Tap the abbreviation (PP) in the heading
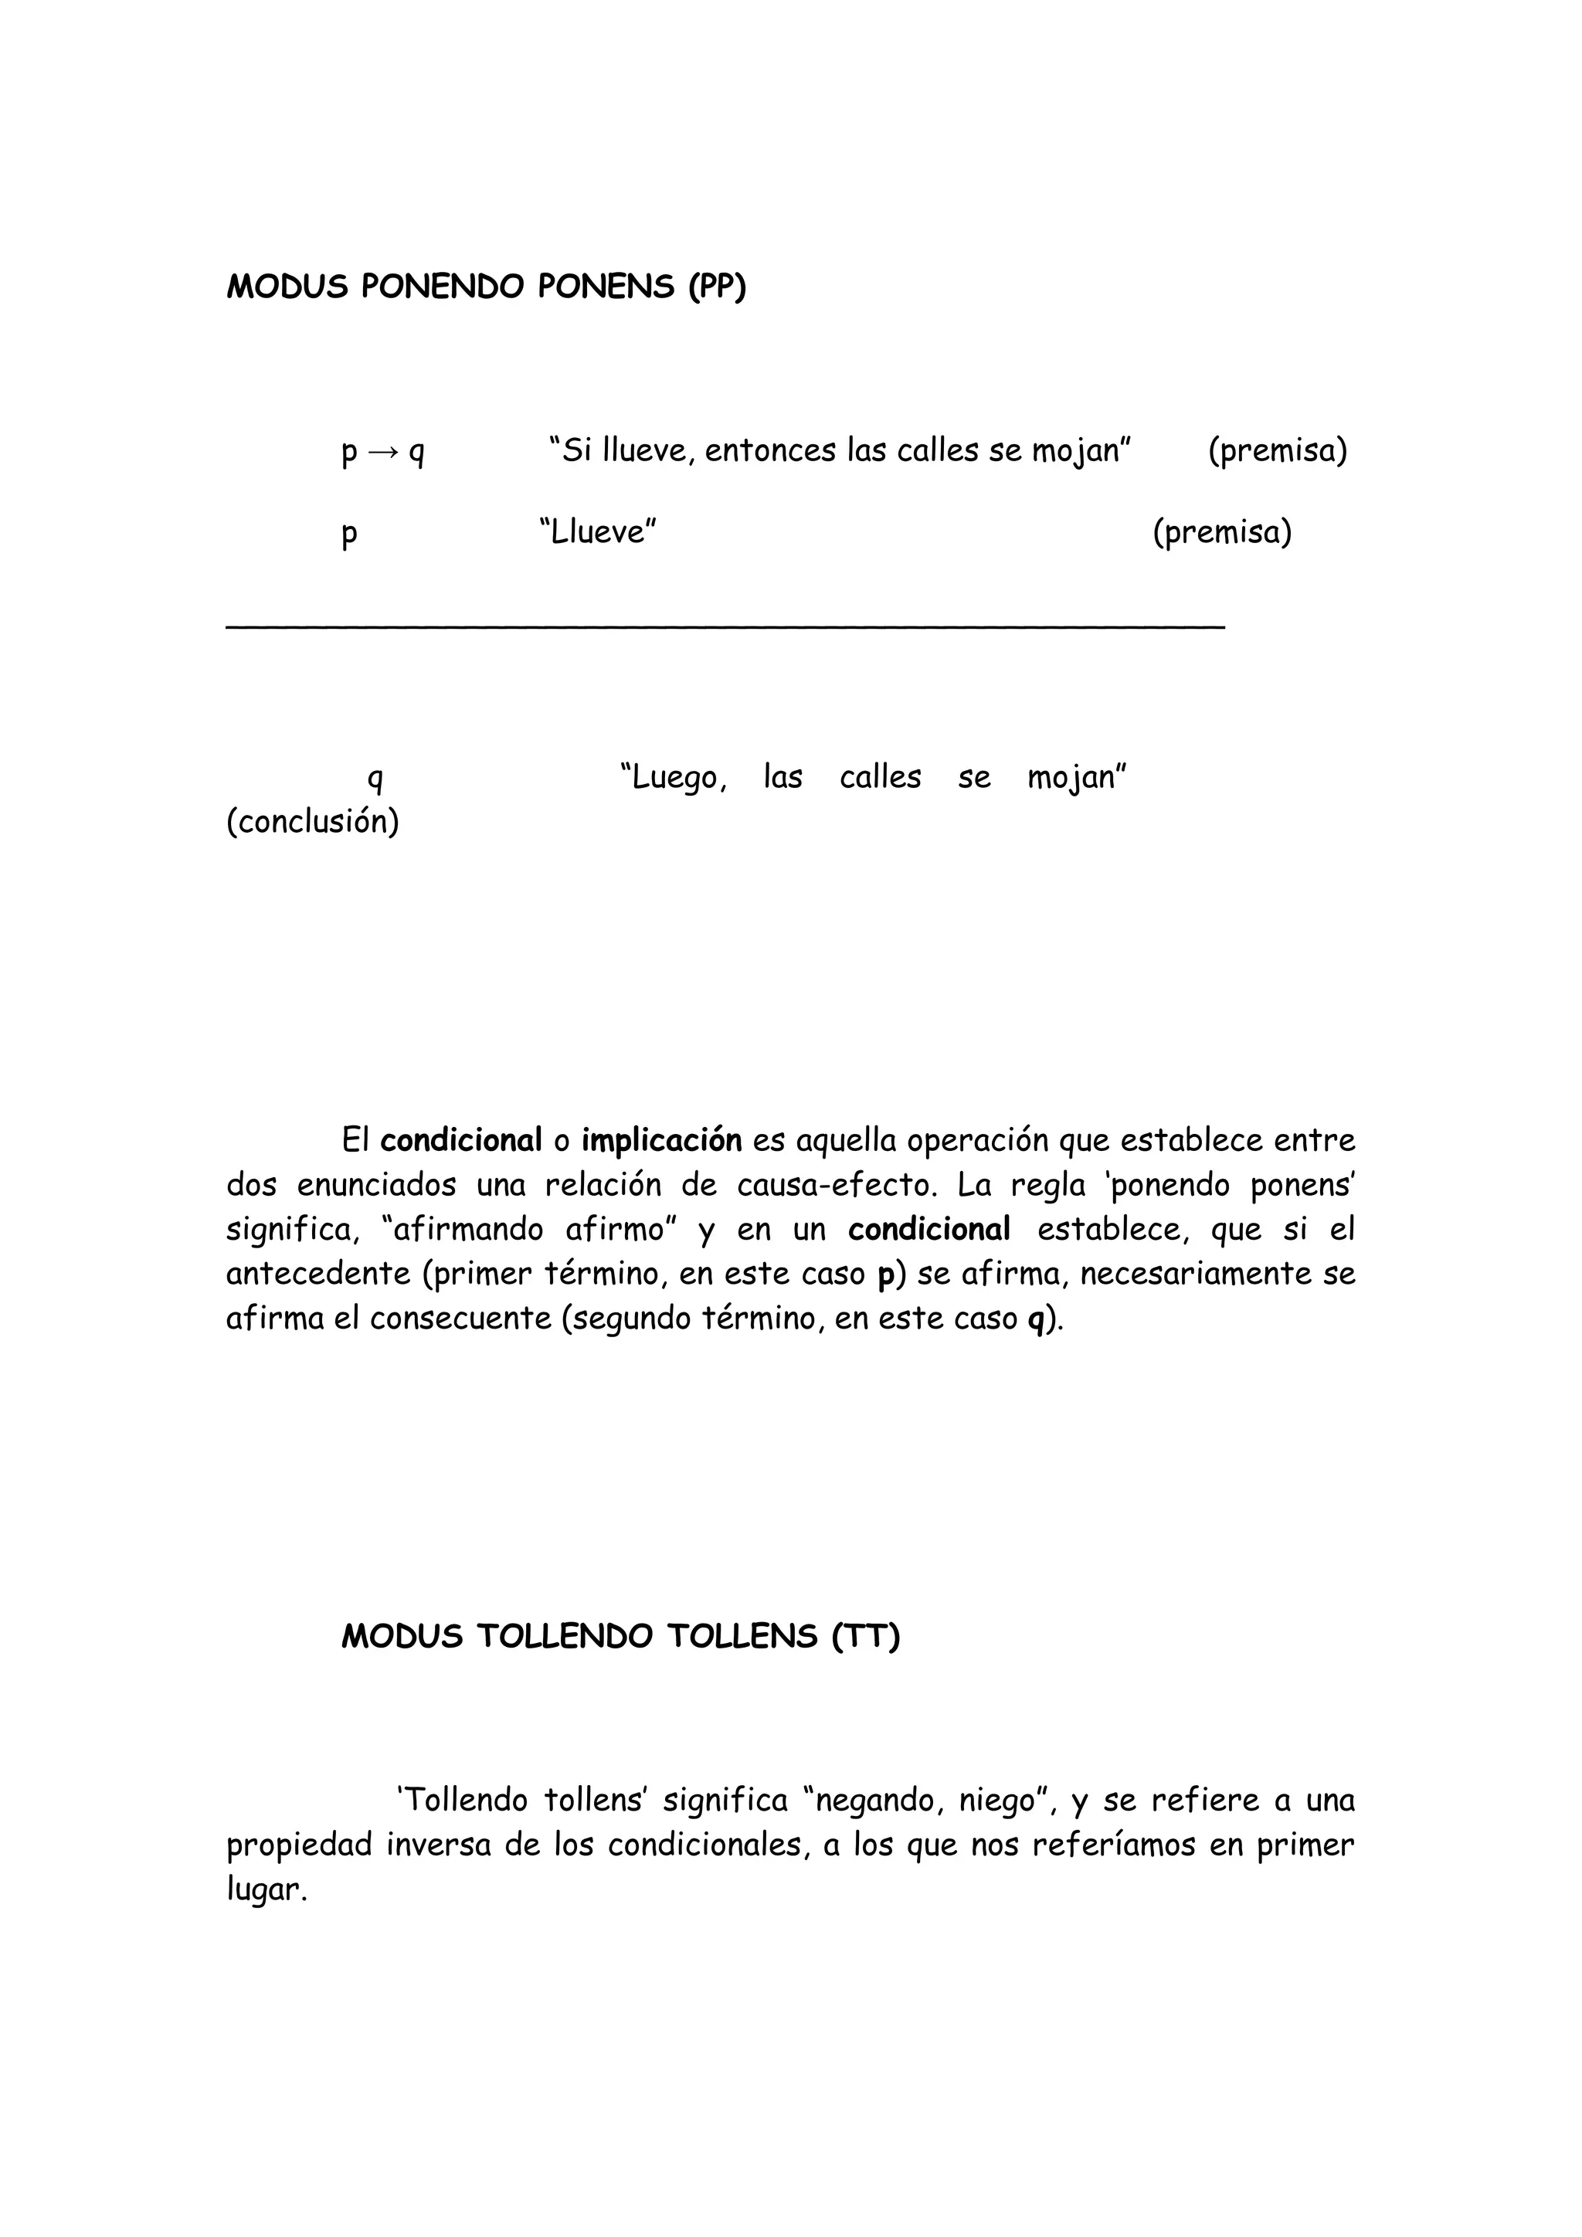pyautogui.click(x=717, y=287)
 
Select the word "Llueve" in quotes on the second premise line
pyautogui.click(x=597, y=533)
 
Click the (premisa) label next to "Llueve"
pyautogui.click(x=1221, y=533)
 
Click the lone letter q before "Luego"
pyautogui.click(x=374, y=778)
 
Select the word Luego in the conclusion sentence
pyautogui.click(x=676, y=778)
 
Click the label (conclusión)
pyautogui.click(x=313, y=823)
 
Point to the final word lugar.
pyautogui.click(x=266, y=1891)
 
